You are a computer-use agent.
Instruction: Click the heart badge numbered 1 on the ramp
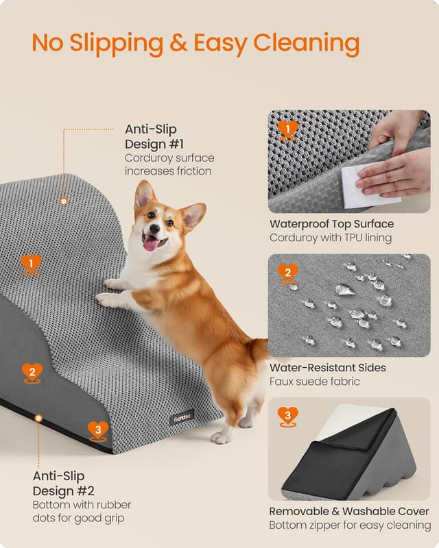(x=31, y=264)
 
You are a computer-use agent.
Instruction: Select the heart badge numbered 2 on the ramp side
(x=32, y=373)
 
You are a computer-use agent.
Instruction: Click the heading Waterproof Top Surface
(x=331, y=224)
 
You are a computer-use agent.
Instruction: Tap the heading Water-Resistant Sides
(x=327, y=368)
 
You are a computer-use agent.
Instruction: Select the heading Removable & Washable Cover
(x=348, y=512)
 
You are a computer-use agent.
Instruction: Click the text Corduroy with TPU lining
(x=330, y=238)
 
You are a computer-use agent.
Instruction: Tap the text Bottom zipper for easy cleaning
(x=350, y=525)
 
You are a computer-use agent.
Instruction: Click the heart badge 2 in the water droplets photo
(x=289, y=273)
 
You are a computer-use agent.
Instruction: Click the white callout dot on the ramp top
(x=63, y=201)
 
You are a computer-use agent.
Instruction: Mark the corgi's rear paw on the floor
(x=221, y=437)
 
